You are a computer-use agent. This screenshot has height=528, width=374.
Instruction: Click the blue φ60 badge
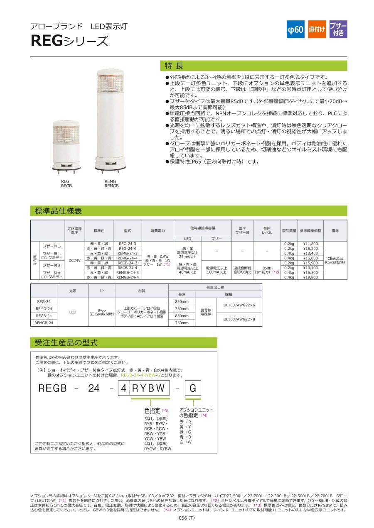point(295,29)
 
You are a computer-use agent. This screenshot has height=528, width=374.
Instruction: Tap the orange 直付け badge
point(317,29)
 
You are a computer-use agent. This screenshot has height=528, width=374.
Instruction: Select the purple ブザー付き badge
point(338,29)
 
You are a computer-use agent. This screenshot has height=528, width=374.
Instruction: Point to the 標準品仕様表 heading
point(58,211)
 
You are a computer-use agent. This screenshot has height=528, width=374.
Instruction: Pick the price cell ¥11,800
point(310,244)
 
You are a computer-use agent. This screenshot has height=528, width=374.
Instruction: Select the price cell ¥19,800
point(310,277)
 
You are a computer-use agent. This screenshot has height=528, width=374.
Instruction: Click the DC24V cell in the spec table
point(74,260)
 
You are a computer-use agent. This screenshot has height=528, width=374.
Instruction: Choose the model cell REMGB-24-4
point(127,277)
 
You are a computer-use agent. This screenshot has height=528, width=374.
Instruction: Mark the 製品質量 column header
point(289,230)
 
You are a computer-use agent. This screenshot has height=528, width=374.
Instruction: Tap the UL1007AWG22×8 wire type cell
point(239,319)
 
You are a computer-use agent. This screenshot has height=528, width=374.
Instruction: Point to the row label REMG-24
point(44,308)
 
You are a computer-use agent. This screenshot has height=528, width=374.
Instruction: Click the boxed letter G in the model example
point(192,389)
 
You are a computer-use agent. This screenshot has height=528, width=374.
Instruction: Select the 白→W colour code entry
point(185,442)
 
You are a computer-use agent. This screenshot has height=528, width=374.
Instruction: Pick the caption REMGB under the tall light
point(111,186)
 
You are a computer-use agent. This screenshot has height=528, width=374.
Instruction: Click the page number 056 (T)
point(187,518)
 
